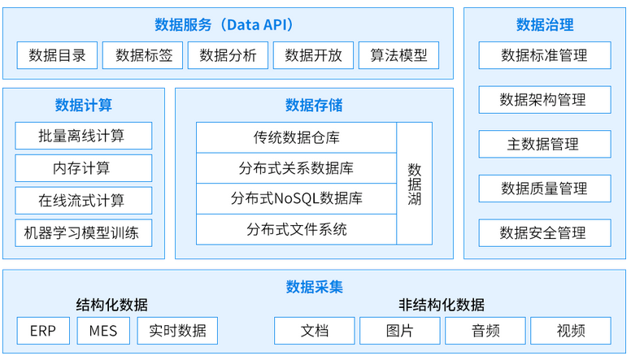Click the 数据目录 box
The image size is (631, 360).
coord(57,55)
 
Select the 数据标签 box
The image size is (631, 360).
coord(144,55)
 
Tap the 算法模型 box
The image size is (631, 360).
coord(398,55)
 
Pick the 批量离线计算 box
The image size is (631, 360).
coord(83,135)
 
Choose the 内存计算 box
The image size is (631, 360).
coord(83,168)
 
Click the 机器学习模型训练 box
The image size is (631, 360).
coord(83,234)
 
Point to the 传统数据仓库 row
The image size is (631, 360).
coord(296,137)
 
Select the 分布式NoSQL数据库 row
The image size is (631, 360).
coord(296,198)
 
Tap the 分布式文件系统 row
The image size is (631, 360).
coord(296,229)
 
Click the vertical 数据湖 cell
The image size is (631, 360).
coord(414,184)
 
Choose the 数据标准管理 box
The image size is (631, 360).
coord(544,55)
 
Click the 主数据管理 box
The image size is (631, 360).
coord(544,144)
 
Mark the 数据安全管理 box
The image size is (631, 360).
coord(544,233)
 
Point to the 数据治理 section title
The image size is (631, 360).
coord(544,24)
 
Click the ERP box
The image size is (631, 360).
coord(43,331)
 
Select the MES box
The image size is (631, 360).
coord(103,331)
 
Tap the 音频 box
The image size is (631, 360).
coord(485,331)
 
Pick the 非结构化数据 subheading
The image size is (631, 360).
coord(441,306)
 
